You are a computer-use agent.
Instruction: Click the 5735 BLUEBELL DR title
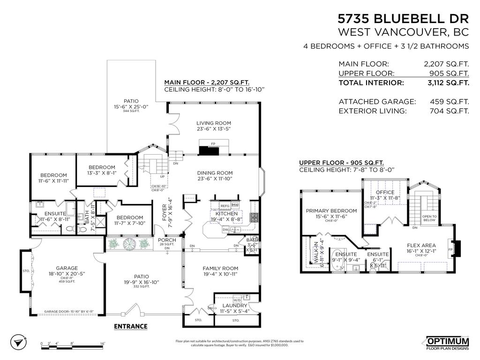(x=403, y=19)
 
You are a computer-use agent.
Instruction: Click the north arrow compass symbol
(x=17, y=343)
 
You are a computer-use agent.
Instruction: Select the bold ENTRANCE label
(x=130, y=326)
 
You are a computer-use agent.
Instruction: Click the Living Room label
(x=213, y=123)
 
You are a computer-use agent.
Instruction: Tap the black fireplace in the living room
(x=209, y=150)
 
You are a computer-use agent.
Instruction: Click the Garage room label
(x=67, y=268)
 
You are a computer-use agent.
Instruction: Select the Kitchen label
(x=226, y=214)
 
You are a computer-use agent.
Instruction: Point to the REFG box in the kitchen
(x=225, y=205)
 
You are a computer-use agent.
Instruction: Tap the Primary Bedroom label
(x=331, y=211)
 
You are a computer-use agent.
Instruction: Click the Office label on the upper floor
(x=385, y=192)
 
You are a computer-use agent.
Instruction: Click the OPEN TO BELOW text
(x=429, y=218)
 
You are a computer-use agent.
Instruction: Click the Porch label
(x=167, y=240)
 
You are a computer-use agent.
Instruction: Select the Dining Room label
(x=214, y=173)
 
